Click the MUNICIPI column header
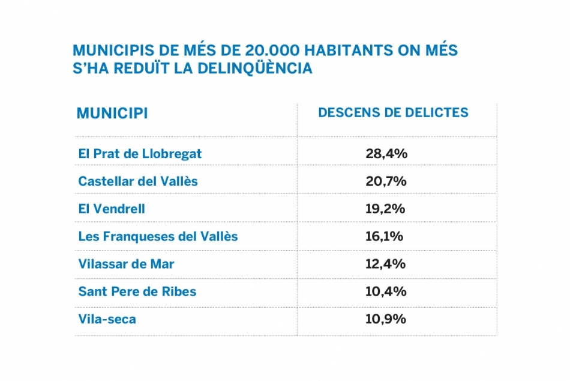(112, 114)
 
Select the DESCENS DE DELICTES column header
(393, 113)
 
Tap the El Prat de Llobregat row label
(140, 154)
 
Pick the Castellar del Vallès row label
(138, 181)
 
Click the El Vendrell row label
(112, 209)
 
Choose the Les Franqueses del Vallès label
(158, 236)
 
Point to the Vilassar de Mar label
(126, 264)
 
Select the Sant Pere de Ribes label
(137, 291)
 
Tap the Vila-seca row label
(107, 319)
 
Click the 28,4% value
(386, 154)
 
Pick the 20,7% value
(386, 181)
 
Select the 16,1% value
(384, 236)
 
